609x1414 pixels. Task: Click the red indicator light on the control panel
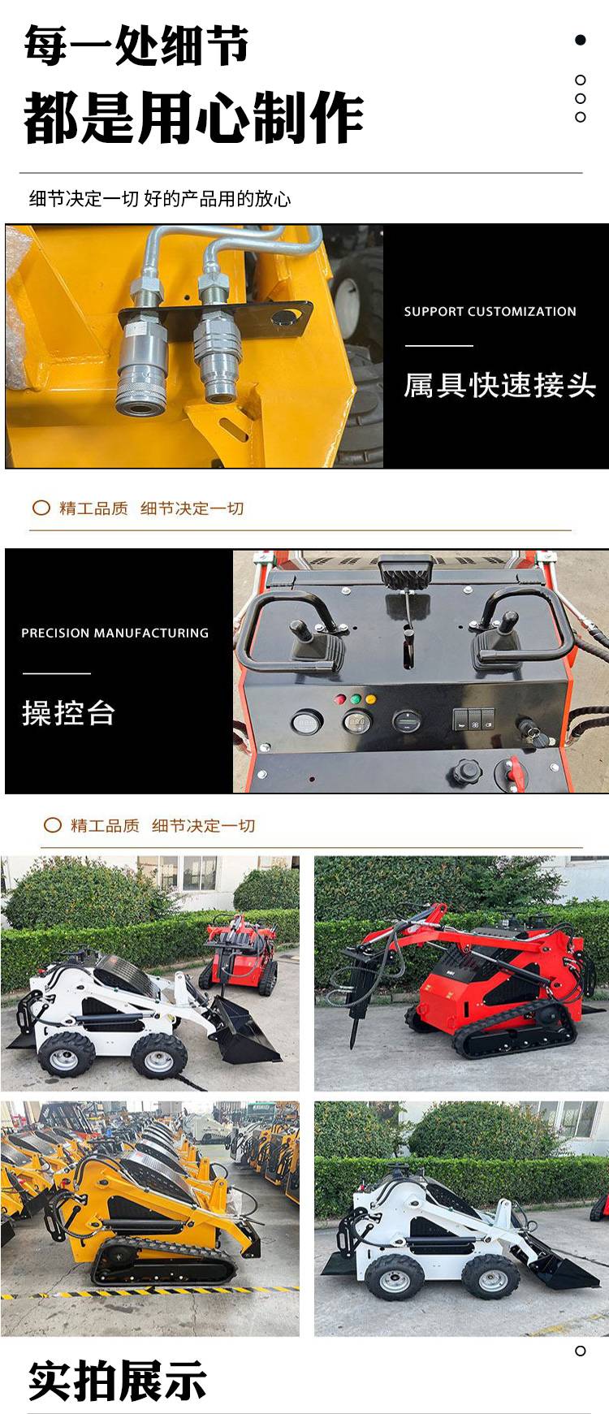point(340,698)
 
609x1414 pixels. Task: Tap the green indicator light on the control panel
point(356,698)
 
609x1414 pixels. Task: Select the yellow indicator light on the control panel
point(370,698)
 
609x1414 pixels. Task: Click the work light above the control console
point(405,573)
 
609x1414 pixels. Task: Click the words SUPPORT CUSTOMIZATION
point(490,312)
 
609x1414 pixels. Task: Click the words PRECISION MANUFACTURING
point(114,633)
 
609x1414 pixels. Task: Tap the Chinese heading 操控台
point(68,713)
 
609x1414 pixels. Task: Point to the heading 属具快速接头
point(500,385)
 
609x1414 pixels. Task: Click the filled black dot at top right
point(580,40)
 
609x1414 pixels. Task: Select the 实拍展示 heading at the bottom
point(118,1381)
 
